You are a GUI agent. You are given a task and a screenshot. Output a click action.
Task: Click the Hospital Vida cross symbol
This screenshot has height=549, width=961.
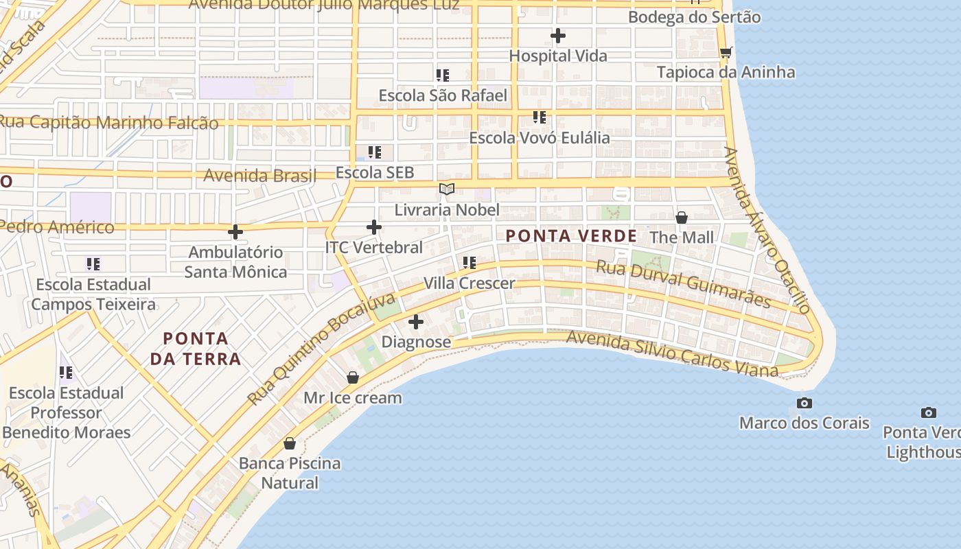point(558,36)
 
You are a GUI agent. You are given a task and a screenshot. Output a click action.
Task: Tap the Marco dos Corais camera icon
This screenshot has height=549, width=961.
point(804,403)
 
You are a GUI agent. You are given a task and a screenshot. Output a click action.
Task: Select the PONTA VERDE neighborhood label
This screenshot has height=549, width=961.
point(571,236)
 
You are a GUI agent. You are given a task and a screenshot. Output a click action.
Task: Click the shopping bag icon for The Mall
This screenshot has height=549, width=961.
point(682,218)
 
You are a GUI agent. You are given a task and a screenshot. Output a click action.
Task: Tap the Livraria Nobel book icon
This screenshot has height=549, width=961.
point(447,189)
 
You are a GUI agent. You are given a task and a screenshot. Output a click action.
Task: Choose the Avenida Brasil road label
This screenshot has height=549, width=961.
point(260,176)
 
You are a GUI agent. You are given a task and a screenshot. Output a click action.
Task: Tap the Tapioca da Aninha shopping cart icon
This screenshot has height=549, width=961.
point(726,52)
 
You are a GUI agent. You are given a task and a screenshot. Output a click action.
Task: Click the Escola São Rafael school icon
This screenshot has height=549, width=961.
point(443,75)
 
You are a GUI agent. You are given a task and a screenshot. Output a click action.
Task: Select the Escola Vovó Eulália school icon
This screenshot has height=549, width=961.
point(540,117)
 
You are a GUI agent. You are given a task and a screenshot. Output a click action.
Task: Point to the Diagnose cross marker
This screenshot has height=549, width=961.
point(416,322)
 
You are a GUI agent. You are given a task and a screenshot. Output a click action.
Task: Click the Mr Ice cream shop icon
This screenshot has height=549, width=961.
point(353,377)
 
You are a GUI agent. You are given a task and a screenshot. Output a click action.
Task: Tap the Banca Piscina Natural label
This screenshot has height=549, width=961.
point(290,473)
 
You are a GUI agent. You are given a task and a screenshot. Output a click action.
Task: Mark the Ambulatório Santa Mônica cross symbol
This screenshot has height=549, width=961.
point(235,232)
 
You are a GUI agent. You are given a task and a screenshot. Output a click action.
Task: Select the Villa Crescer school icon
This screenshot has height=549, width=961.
point(470,262)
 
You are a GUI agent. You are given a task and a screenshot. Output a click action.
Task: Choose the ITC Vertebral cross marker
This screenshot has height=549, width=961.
point(374,226)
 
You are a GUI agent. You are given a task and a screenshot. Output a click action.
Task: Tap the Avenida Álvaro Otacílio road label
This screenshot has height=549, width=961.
point(767,230)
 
